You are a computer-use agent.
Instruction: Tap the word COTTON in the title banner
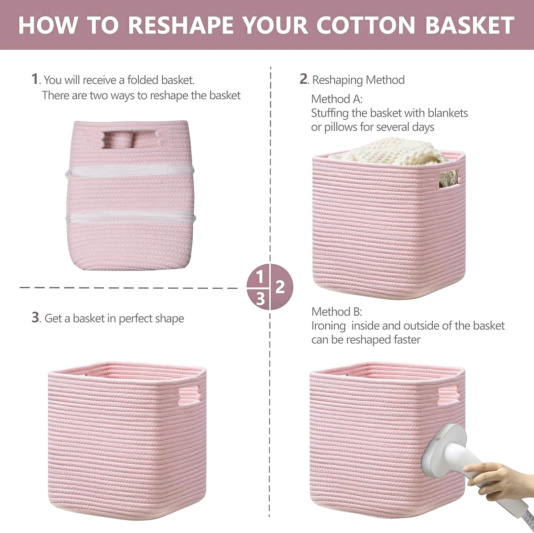tap(366, 25)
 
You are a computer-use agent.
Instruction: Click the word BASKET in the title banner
tap(470, 25)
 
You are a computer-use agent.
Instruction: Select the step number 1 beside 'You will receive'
tap(35, 79)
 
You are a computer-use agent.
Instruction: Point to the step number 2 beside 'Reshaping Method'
tap(303, 79)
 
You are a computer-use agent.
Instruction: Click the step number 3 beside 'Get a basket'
tap(35, 317)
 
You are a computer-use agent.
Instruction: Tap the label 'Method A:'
tap(336, 99)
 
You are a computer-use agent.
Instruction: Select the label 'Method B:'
tap(336, 312)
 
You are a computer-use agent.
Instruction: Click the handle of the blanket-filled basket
tap(449, 178)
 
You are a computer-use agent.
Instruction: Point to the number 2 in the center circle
tap(280, 287)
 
